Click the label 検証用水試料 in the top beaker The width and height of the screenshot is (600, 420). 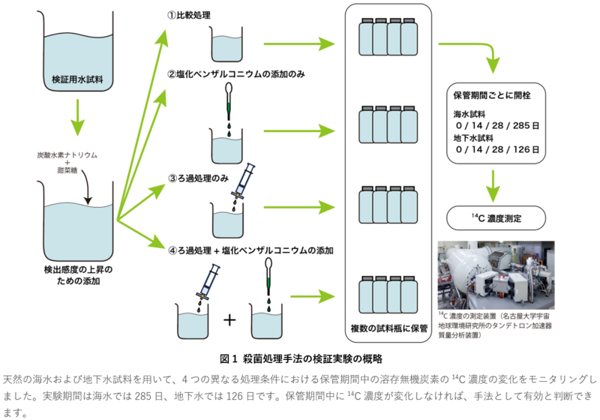pyautogui.click(x=77, y=79)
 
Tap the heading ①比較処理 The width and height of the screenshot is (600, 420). pyautogui.click(x=189, y=15)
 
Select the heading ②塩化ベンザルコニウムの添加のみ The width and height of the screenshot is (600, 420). pyautogui.click(x=236, y=73)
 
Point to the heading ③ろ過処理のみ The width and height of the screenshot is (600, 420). pyautogui.click(x=198, y=178)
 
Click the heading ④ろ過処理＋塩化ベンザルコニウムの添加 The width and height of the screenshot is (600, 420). pyautogui.click(x=250, y=250)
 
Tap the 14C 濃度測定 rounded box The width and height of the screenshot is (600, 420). pyautogui.click(x=496, y=218)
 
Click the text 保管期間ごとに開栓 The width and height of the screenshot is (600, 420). pyautogui.click(x=492, y=96)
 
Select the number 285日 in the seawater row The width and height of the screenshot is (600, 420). pyautogui.click(x=526, y=125)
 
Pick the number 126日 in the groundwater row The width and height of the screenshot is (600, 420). pyautogui.click(x=526, y=149)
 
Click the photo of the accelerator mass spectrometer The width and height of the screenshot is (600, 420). pyautogui.click(x=496, y=275)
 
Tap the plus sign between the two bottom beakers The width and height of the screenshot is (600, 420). pyautogui.click(x=229, y=319)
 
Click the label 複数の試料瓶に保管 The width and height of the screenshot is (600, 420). pyautogui.click(x=388, y=328)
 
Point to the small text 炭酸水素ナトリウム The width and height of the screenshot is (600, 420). pyautogui.click(x=67, y=155)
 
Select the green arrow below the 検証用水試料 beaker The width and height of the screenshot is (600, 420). pyautogui.click(x=78, y=118)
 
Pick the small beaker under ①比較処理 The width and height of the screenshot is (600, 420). pyautogui.click(x=226, y=44)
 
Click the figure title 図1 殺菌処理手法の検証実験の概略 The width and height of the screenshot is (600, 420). pyautogui.click(x=301, y=358)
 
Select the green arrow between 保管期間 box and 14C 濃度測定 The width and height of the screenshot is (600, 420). pyautogui.click(x=493, y=186)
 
